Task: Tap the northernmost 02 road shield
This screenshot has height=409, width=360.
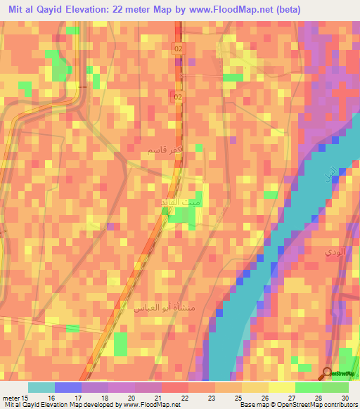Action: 179,48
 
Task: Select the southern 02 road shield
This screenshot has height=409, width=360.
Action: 179,96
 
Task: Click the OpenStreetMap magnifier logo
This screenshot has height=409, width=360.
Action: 328,374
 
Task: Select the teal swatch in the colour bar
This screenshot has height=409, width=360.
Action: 41,387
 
